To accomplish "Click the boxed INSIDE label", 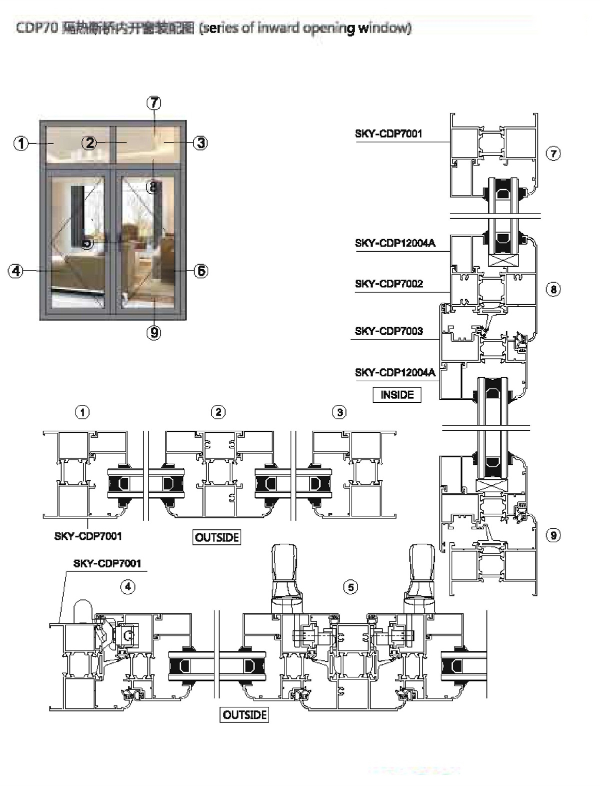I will point(397,395).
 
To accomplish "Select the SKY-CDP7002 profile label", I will point(388,284).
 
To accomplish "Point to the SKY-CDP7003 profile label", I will point(388,331).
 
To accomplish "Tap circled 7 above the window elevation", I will point(153,103).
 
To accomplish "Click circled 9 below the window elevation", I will point(154,332).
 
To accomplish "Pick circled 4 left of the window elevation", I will point(16,271).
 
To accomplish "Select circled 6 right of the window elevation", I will point(200,271).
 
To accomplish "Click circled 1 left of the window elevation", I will point(21,144).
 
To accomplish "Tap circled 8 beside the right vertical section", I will point(553,289).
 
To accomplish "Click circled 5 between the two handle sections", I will point(351,586).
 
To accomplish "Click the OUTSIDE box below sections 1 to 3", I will point(217,537).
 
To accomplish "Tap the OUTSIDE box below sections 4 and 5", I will point(244,714).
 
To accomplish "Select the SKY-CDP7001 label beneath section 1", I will point(87,536).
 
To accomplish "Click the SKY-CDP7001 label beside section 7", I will point(388,134).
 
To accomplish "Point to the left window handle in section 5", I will point(285,573).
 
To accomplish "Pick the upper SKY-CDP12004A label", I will point(394,243).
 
